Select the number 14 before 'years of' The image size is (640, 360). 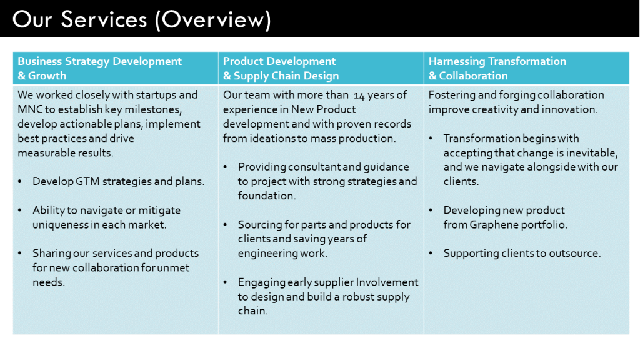coord(360,95)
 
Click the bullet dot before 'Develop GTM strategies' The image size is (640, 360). coord(21,182)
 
